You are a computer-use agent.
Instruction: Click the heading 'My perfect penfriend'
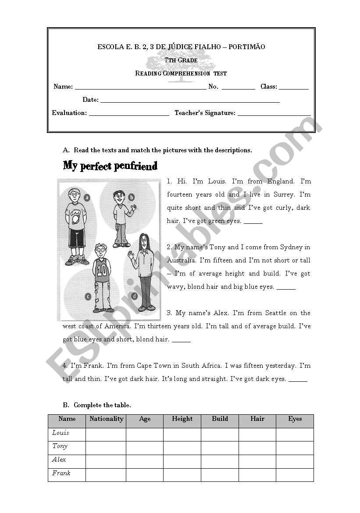(110, 166)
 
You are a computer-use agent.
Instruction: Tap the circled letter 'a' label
(87, 197)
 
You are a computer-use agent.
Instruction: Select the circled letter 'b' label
(131, 197)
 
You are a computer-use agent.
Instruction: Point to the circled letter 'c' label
(88, 297)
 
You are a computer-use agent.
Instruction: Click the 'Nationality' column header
(106, 419)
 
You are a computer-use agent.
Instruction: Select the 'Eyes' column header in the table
(295, 419)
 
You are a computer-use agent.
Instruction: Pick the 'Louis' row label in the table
(61, 433)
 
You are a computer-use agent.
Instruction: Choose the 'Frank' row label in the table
(61, 473)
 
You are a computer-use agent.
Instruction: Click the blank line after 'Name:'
(140, 87)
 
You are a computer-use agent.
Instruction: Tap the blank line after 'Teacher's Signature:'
(274, 114)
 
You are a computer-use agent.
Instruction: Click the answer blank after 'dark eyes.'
(298, 380)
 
